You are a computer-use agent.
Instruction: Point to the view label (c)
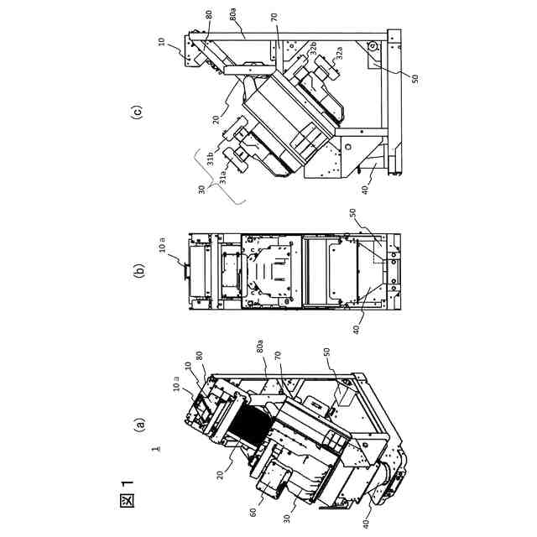coord(139,111)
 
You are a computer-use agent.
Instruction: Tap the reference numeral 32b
coord(311,50)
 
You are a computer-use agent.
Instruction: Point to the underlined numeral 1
coord(156,451)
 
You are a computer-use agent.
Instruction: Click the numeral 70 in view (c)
coord(274,17)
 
